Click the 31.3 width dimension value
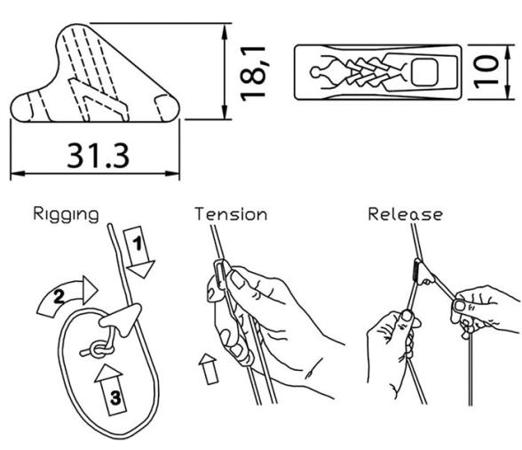point(98,156)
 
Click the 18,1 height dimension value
point(253,74)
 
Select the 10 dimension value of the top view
point(486,72)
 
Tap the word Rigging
point(66,214)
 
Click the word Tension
point(231,214)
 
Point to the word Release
point(406,214)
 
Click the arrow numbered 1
point(139,252)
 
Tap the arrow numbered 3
point(112,390)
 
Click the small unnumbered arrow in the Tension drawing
point(209,368)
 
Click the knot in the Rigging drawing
point(98,350)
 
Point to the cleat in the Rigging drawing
point(121,318)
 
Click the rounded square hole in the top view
point(424,72)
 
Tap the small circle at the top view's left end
point(315,72)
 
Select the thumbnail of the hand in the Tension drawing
point(237,279)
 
